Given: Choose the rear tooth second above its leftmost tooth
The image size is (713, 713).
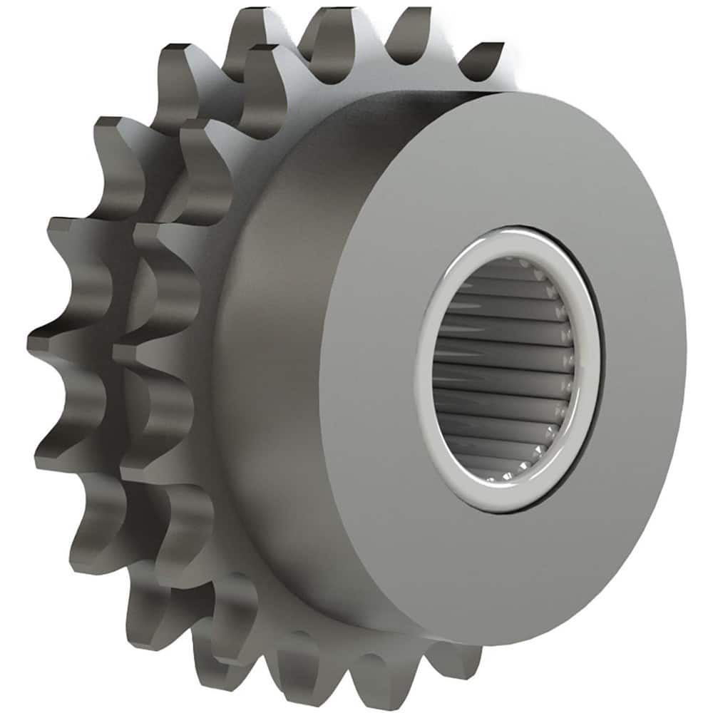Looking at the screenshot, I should click(x=114, y=135).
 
